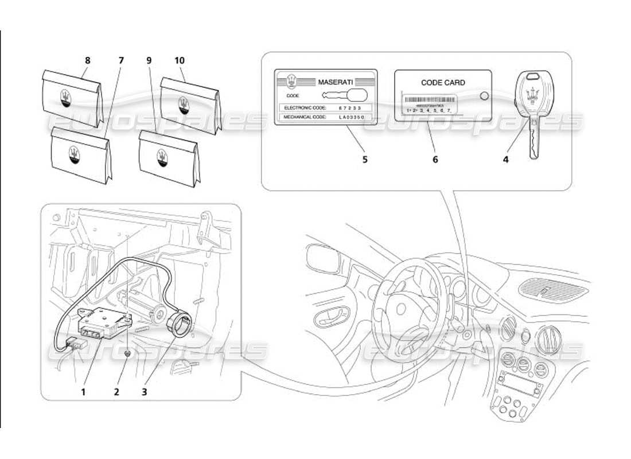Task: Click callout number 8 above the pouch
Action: click(87, 60)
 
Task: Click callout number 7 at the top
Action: click(121, 60)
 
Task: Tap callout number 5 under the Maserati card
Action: click(364, 160)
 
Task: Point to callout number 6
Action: click(435, 160)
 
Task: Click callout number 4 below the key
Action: click(505, 160)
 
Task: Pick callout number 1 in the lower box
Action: click(83, 392)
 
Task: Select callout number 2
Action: click(116, 392)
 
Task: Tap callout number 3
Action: click(144, 392)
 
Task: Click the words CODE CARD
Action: click(443, 83)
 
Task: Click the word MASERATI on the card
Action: click(337, 82)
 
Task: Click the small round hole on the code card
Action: click(483, 96)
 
